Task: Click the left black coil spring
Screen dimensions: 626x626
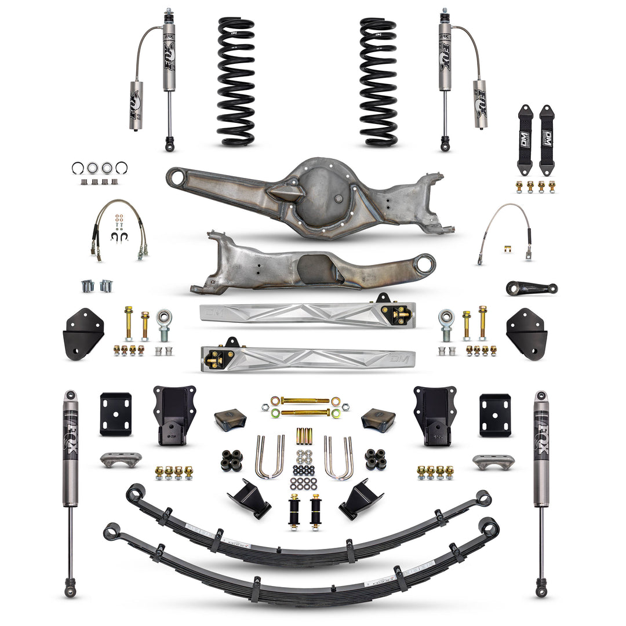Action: (236, 81)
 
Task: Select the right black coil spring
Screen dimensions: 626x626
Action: (378, 81)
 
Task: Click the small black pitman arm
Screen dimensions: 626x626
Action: (531, 287)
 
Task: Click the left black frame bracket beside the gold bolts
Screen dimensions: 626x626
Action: (83, 333)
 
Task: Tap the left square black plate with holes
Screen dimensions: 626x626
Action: (115, 414)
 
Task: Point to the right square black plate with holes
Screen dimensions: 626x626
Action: (495, 414)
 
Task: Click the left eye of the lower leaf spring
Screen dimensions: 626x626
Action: (111, 530)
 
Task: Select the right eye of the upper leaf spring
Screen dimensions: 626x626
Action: (482, 497)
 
